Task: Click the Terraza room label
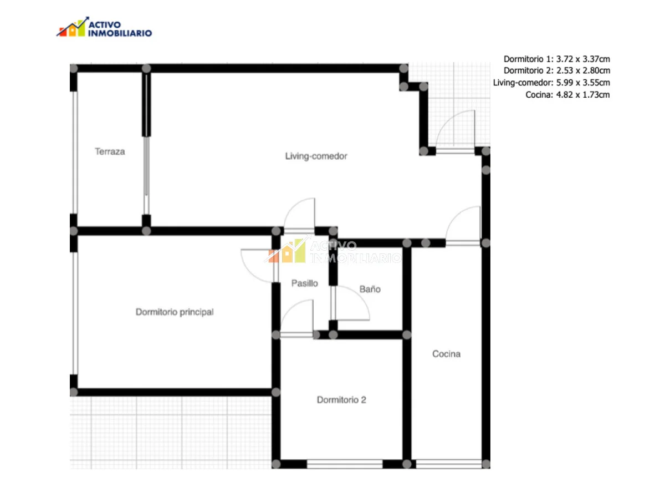click(110, 151)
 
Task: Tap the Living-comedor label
click(316, 156)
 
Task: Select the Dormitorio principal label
click(175, 312)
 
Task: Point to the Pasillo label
click(304, 283)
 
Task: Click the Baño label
click(370, 289)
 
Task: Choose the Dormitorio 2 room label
click(341, 400)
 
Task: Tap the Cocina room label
click(446, 353)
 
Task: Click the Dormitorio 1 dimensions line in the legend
click(557, 59)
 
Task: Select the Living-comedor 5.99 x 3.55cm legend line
click(551, 83)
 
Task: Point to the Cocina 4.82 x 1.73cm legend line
click(567, 95)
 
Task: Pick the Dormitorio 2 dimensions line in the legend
click(557, 70)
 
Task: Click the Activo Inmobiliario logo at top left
click(104, 27)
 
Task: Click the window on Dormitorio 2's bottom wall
click(345, 464)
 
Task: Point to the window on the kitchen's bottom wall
click(449, 464)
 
